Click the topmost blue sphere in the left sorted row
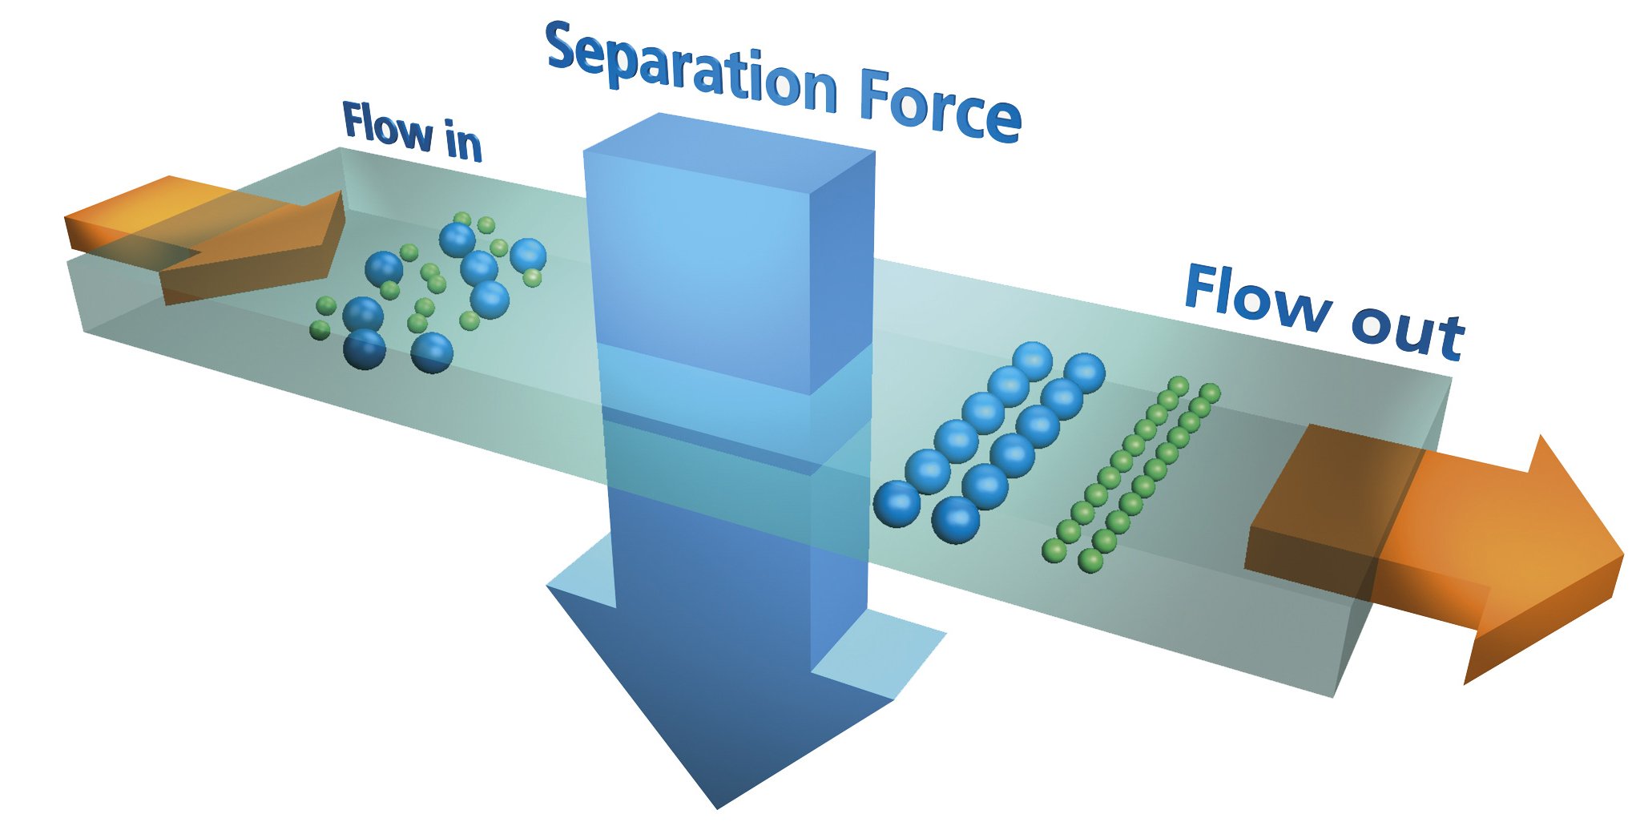click(x=1033, y=361)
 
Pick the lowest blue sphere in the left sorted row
click(x=897, y=503)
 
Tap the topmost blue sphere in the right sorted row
click(x=1085, y=373)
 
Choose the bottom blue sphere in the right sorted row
click(x=956, y=519)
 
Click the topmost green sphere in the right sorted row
click(x=1210, y=393)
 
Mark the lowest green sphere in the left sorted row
click(x=1054, y=550)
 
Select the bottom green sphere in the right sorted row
click(x=1090, y=560)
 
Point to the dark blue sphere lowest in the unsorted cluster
click(x=365, y=350)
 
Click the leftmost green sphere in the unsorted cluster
click(x=320, y=329)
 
